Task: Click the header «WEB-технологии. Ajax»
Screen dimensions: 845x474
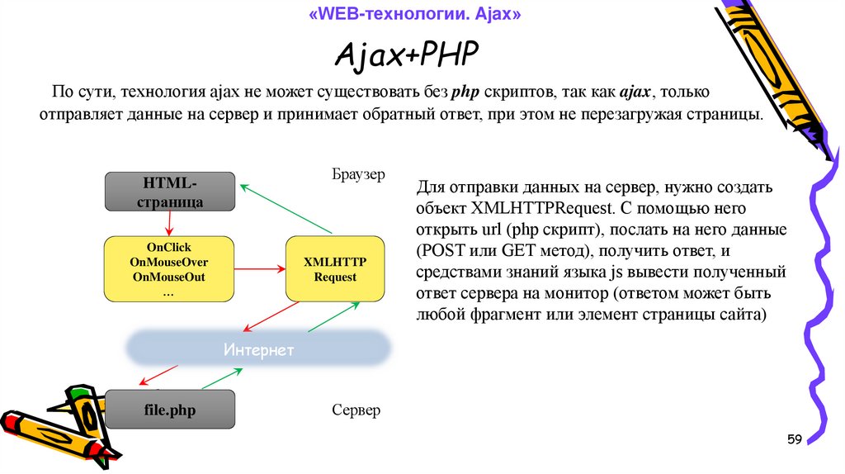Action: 416,15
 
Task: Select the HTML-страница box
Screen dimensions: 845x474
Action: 170,192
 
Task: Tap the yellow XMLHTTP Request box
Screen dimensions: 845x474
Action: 334,269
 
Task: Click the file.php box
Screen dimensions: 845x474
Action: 170,410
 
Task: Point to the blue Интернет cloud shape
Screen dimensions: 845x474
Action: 258,349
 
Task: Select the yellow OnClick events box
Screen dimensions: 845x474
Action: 168,269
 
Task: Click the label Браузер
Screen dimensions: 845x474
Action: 359,175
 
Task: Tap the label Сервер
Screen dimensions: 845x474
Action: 356,410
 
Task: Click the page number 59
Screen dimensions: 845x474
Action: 794,438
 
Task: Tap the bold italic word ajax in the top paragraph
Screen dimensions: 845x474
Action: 635,91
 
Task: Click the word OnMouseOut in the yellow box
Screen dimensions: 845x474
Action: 168,277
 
